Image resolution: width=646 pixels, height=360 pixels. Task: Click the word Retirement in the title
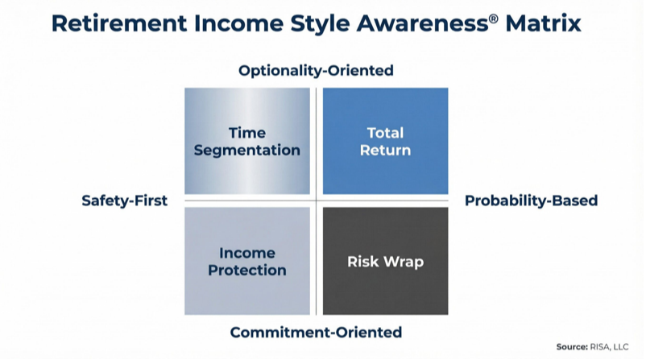pos(119,23)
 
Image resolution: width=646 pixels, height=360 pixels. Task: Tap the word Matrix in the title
pos(543,23)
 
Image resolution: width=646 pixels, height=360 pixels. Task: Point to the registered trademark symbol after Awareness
pos(493,19)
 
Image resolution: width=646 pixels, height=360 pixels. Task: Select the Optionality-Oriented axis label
pos(316,70)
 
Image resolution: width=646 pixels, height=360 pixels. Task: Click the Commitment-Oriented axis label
pos(316,332)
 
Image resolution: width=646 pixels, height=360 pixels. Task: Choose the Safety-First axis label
pos(124,201)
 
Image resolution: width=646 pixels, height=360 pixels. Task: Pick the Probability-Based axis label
pos(531,201)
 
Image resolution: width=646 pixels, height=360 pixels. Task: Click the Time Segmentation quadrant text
pos(247,142)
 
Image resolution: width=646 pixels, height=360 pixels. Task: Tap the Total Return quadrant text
pos(385,141)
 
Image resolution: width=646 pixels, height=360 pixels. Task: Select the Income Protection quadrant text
pos(247,262)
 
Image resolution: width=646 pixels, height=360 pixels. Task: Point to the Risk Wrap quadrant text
pos(385,262)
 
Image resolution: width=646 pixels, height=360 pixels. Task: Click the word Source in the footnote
pos(572,347)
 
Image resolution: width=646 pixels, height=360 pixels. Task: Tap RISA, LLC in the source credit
pos(609,347)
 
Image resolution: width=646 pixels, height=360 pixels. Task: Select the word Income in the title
pos(238,23)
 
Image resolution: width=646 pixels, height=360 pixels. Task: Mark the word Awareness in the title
pos(422,23)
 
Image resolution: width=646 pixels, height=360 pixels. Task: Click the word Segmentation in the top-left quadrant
pos(247,151)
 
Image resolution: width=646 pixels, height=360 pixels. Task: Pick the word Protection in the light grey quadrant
pos(247,271)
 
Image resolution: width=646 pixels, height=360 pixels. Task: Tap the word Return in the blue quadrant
pos(385,150)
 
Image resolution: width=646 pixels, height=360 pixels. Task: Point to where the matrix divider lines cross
pos(316,201)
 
